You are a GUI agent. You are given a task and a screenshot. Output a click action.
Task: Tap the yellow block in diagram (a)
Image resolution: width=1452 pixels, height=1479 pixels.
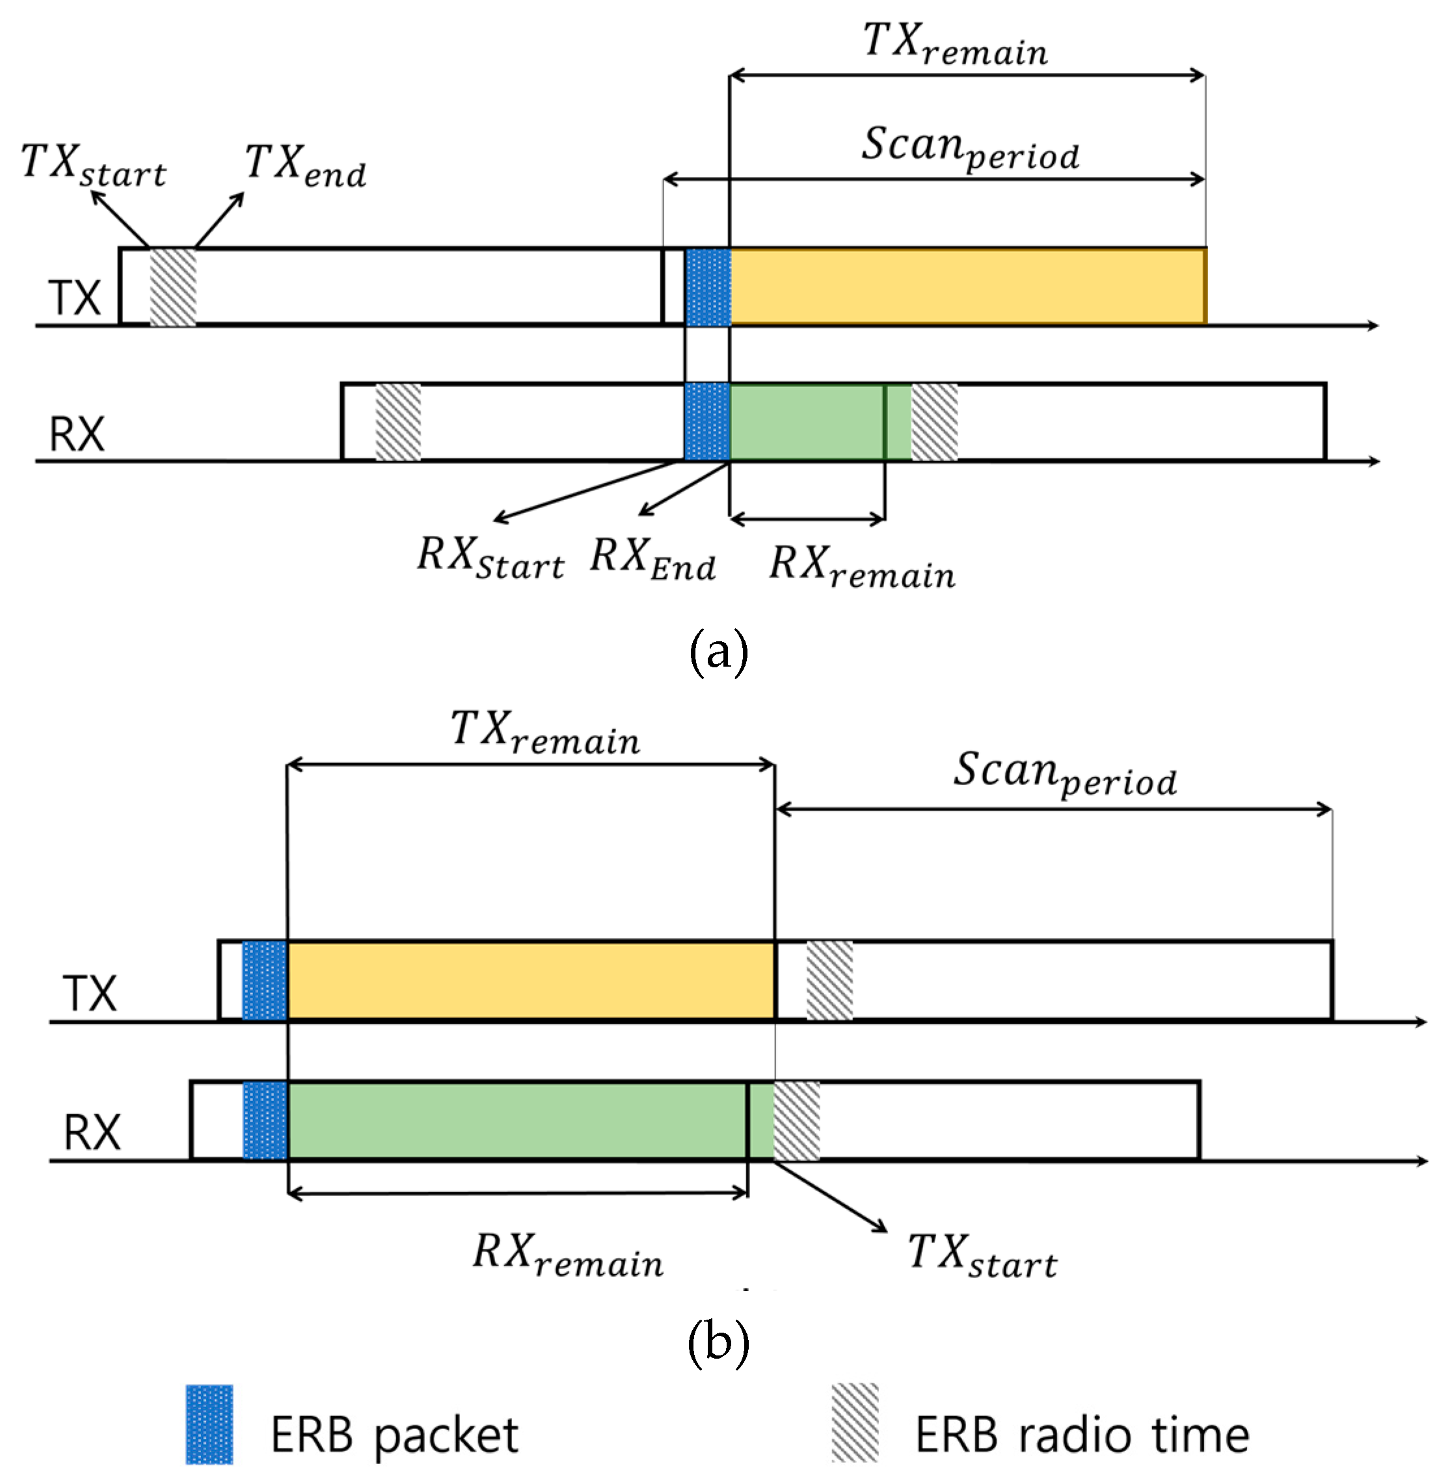pos(967,286)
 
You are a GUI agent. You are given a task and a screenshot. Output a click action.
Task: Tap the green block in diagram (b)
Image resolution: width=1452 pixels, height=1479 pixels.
pos(517,1120)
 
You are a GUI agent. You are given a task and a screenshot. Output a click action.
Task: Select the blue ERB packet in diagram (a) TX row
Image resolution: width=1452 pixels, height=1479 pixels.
pos(708,287)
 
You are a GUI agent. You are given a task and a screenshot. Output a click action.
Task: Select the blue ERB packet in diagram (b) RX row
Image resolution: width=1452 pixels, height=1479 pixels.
pos(265,1120)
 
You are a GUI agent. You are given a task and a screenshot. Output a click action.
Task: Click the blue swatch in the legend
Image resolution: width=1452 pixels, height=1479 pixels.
pos(209,1424)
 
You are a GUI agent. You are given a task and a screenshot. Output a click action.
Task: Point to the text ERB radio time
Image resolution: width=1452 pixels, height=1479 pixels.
pos(1081,1435)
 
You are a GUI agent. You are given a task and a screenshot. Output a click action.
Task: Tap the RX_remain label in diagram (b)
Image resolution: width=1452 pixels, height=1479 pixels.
pos(567,1255)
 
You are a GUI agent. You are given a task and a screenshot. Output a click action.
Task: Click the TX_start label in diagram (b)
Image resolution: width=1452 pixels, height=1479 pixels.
pos(982,1255)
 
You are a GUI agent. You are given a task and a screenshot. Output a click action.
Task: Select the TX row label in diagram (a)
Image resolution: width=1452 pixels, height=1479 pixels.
pos(75,297)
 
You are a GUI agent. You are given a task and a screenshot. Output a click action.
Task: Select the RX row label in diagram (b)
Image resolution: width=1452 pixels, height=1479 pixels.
pos(92,1132)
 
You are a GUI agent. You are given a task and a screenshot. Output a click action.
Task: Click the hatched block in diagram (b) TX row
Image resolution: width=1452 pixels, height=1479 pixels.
pos(829,979)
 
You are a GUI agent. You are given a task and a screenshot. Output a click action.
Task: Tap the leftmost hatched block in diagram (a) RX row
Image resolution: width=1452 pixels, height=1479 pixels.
pos(398,421)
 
